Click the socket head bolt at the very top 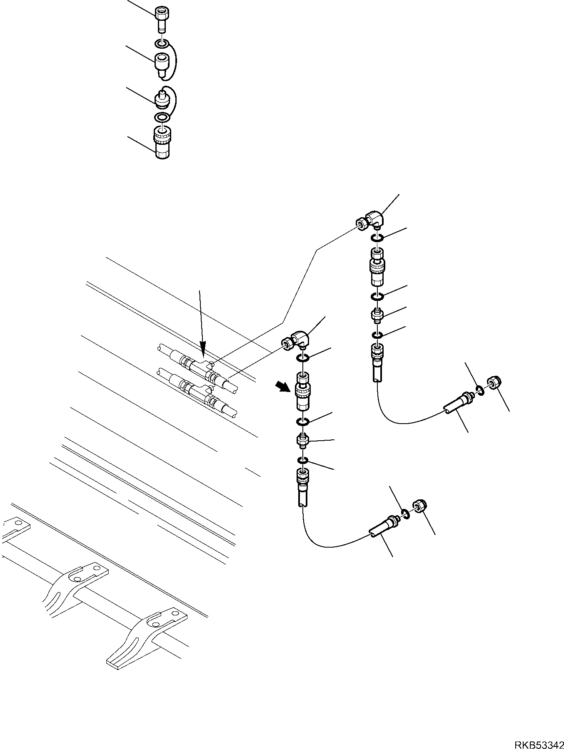point(162,18)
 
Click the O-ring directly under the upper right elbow point(377,238)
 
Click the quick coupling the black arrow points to point(302,391)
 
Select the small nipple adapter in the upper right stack point(377,315)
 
